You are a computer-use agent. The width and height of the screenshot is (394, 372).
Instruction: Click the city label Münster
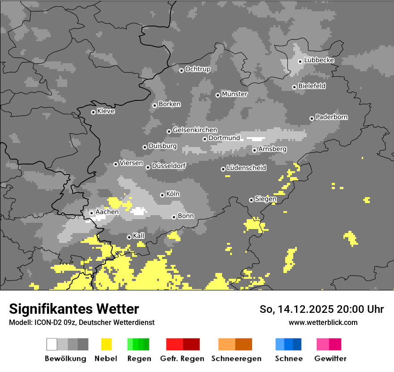[235, 94]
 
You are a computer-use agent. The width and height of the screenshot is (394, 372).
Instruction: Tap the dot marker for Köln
[162, 195]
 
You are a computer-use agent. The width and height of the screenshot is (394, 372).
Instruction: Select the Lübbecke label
[319, 60]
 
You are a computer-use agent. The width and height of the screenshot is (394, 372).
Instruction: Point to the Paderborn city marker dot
[312, 118]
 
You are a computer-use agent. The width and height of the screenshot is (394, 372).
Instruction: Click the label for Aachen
[107, 212]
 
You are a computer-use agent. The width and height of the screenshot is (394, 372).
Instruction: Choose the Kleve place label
[106, 111]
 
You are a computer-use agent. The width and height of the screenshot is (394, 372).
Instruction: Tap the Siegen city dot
[251, 200]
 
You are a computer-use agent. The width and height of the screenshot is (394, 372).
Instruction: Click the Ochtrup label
[198, 69]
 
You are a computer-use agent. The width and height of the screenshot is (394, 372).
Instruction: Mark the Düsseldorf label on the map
[169, 166]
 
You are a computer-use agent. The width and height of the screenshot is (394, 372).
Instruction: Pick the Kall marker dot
[129, 237]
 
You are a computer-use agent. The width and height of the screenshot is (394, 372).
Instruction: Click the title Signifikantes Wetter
[74, 309]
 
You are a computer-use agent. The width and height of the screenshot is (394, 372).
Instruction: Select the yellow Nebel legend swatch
[106, 344]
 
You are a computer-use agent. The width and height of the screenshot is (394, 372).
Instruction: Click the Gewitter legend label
[330, 359]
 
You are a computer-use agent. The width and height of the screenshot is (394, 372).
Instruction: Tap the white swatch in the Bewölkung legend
[52, 344]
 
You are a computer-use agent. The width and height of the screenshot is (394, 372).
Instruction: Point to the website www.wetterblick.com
[323, 322]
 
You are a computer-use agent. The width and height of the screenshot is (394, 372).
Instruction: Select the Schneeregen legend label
[236, 359]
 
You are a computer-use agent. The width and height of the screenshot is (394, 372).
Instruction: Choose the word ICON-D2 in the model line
[46, 322]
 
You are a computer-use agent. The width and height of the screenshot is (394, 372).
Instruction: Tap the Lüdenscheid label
[246, 168]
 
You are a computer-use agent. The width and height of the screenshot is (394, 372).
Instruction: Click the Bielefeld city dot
[294, 87]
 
